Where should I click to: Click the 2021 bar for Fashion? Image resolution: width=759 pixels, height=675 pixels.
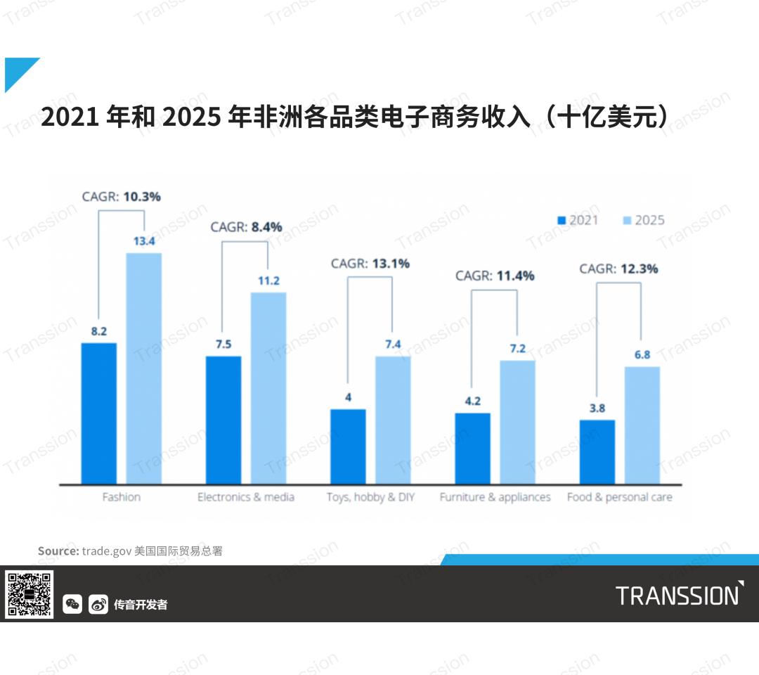tap(99, 413)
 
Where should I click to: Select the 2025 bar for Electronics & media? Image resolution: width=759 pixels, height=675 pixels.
tap(268, 387)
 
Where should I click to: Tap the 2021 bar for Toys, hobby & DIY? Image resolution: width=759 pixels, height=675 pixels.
tap(348, 446)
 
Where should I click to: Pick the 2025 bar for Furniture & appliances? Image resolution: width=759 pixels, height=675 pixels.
tap(517, 422)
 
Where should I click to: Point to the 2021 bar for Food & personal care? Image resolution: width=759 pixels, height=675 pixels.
tap(597, 451)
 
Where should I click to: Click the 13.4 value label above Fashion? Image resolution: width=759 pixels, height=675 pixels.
tap(143, 241)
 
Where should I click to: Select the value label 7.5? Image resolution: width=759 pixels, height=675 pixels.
tap(223, 344)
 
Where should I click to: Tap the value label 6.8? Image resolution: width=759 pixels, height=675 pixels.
tap(642, 354)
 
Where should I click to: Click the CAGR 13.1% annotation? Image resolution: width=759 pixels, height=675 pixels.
tap(370, 264)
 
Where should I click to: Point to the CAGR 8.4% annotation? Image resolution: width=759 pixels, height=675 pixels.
tap(246, 227)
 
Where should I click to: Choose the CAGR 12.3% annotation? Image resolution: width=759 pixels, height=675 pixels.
tap(618, 269)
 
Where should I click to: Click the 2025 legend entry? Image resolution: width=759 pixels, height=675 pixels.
tap(643, 220)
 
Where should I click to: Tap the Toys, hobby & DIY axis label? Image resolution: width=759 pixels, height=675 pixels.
tap(370, 497)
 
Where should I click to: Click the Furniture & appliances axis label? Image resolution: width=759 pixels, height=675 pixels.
tap(495, 497)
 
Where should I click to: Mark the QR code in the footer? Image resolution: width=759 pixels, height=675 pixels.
tap(30, 594)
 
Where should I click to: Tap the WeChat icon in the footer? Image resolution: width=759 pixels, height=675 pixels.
tap(72, 604)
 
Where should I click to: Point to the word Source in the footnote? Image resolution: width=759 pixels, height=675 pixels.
tap(58, 551)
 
